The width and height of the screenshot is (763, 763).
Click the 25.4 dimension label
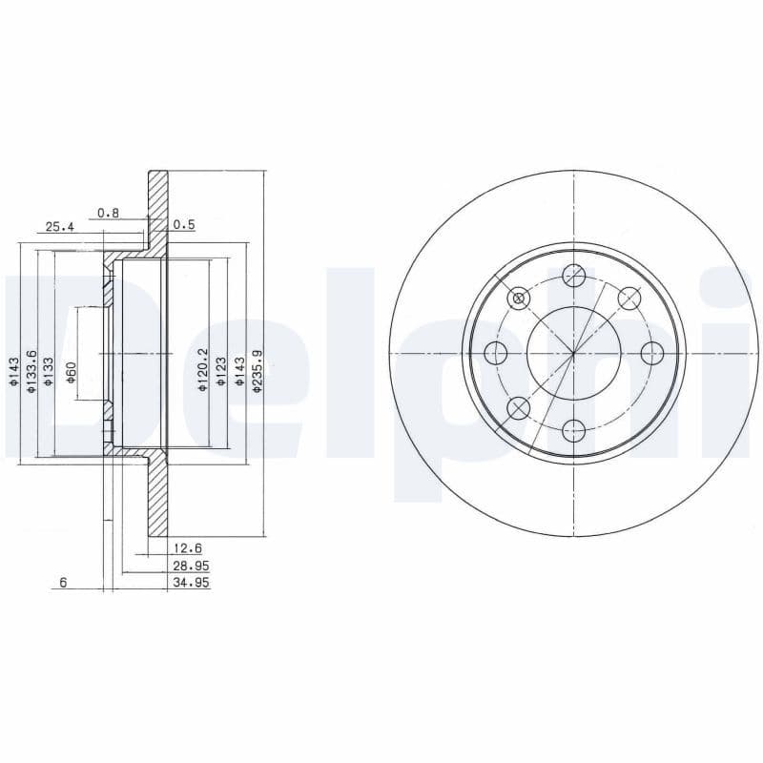pos(59,227)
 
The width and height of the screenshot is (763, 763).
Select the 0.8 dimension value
pos(108,214)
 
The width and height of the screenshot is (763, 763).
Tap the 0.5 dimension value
pos(184,225)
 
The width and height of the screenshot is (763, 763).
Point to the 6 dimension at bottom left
pos(63,582)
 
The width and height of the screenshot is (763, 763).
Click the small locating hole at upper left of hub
pos(519,298)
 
